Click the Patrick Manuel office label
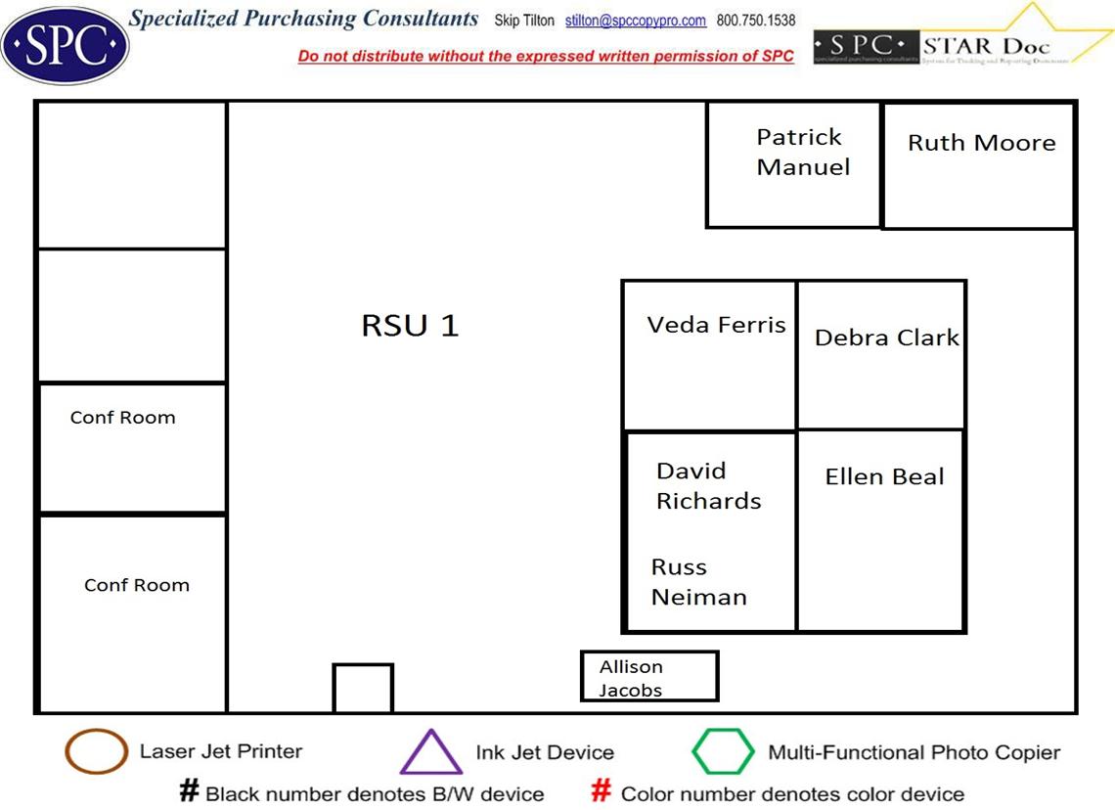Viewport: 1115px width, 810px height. [802, 152]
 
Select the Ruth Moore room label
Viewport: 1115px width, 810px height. [981, 143]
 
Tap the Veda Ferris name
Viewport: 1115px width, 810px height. [716, 325]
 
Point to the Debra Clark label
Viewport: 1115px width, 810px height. [886, 337]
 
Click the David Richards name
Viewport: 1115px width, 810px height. [708, 486]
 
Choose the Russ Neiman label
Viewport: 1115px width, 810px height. [698, 582]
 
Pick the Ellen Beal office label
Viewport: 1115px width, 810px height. [884, 477]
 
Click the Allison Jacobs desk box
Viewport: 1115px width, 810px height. [649, 677]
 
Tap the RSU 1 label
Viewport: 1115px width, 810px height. [410, 326]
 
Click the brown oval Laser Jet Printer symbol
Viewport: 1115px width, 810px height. [96, 752]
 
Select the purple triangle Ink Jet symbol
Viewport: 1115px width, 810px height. [430, 754]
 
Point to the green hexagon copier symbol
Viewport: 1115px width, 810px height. [723, 752]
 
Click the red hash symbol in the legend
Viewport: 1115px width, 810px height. [602, 791]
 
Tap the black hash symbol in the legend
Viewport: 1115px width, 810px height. [189, 791]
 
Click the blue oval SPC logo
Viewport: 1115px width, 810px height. [65, 44]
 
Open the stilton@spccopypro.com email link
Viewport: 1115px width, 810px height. [635, 21]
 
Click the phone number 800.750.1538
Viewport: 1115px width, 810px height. [755, 21]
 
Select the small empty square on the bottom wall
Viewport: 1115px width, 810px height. [363, 689]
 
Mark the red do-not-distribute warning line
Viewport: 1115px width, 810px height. [546, 57]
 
